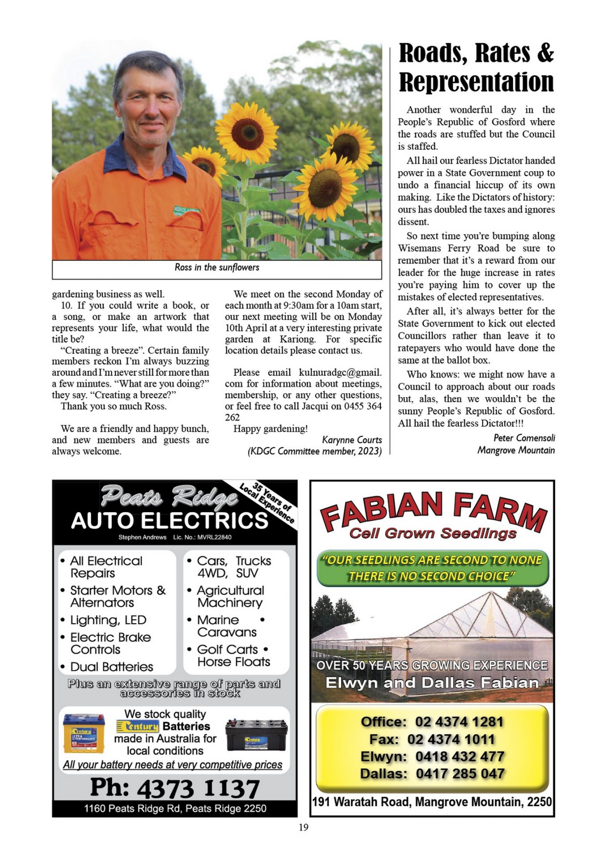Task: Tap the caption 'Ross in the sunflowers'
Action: pyautogui.click(x=217, y=268)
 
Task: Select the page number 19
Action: pyautogui.click(x=303, y=827)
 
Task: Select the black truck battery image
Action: pyautogui.click(x=256, y=735)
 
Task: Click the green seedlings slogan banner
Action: pyautogui.click(x=432, y=568)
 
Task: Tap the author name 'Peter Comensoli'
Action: pyautogui.click(x=524, y=438)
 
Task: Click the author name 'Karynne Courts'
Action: pyautogui.click(x=352, y=440)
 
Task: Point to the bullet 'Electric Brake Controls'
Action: pyautogui.click(x=110, y=643)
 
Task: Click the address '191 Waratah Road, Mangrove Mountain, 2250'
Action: pyautogui.click(x=432, y=802)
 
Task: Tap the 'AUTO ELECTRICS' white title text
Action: pyautogui.click(x=169, y=521)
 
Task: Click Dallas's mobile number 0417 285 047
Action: pyautogui.click(x=460, y=774)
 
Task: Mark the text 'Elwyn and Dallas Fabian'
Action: pyautogui.click(x=432, y=683)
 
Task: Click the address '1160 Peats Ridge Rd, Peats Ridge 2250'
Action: pyautogui.click(x=175, y=808)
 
